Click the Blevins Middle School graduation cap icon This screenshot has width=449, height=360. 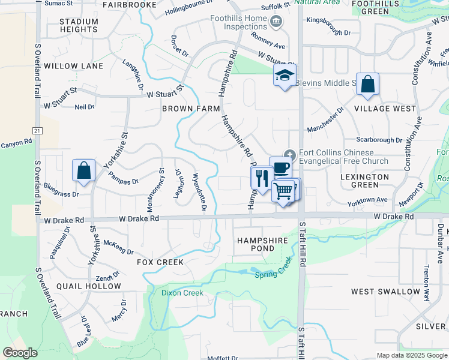tap(285, 75)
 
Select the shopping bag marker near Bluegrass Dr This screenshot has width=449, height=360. tap(83, 170)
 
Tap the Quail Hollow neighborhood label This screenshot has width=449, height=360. tap(89, 286)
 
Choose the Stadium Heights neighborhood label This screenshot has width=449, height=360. tap(79, 25)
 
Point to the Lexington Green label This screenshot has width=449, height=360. tap(364, 182)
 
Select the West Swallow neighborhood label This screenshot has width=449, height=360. tap(386, 292)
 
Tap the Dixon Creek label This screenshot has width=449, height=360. tap(182, 293)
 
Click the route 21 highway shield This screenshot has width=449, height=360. tap(38, 130)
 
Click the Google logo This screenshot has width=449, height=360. tap(20, 353)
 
